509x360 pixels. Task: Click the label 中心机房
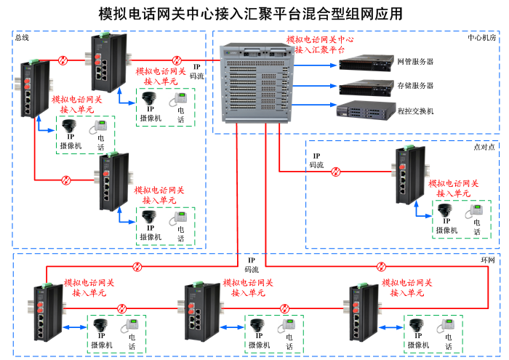point(482,38)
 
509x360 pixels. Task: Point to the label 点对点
point(484,146)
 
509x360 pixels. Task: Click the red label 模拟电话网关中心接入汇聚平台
point(320,45)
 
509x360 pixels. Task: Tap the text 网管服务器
point(416,62)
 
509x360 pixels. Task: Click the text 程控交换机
point(416,111)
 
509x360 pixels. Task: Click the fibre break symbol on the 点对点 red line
point(336,172)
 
